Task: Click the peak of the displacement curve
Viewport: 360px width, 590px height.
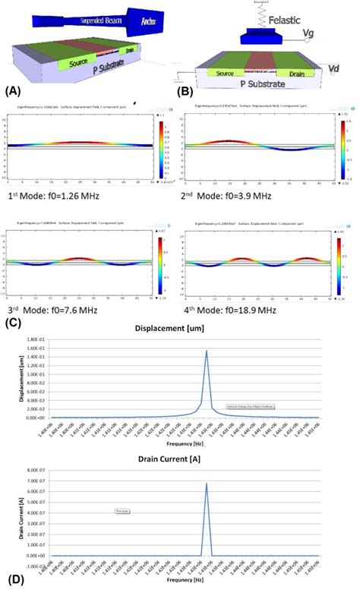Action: [207, 351]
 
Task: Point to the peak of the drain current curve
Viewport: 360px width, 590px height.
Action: [207, 483]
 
